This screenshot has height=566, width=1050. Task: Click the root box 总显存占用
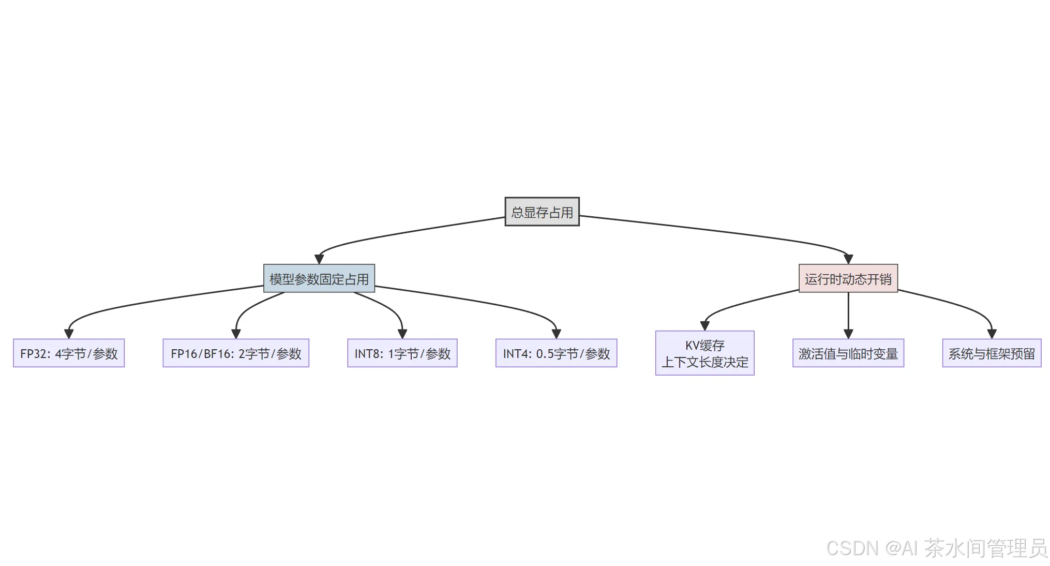pyautogui.click(x=542, y=212)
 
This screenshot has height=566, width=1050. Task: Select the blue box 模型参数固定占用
pyautogui.click(x=319, y=279)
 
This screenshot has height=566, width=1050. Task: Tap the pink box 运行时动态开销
pyautogui.click(x=848, y=279)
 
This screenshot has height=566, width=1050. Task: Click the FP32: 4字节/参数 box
pyautogui.click(x=69, y=353)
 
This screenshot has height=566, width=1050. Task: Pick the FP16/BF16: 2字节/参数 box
pyautogui.click(x=236, y=353)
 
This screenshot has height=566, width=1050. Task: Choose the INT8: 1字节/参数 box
pyautogui.click(x=402, y=353)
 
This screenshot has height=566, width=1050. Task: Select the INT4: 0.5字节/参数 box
pyautogui.click(x=556, y=353)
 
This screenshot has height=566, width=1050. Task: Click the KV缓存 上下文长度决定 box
pyautogui.click(x=704, y=353)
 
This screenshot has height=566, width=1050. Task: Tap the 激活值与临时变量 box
pyautogui.click(x=848, y=353)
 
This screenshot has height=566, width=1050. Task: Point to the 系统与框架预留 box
pyautogui.click(x=991, y=353)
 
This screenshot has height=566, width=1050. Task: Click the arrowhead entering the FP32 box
pyautogui.click(x=69, y=334)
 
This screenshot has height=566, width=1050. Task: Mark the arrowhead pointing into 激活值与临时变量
pyautogui.click(x=848, y=334)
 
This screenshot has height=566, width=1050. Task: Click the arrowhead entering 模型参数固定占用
pyautogui.click(x=319, y=259)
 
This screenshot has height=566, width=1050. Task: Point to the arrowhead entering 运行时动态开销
pyautogui.click(x=848, y=259)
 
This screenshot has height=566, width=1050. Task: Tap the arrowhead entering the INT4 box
pyautogui.click(x=556, y=334)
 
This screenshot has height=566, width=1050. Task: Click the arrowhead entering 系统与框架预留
pyautogui.click(x=991, y=334)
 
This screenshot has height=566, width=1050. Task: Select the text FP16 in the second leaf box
pyautogui.click(x=184, y=354)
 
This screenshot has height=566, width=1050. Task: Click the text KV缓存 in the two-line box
pyautogui.click(x=704, y=345)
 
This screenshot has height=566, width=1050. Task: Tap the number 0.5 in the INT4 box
pyautogui.click(x=544, y=354)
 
